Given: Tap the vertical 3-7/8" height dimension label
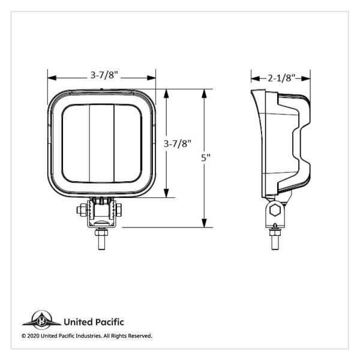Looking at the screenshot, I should (177, 143).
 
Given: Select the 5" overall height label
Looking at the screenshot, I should (206, 158).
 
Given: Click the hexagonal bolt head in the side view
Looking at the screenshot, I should (276, 209).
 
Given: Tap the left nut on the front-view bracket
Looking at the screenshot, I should (80, 209).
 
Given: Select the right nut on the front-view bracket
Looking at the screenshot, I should (118, 209).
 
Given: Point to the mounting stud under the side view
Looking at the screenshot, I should (275, 238).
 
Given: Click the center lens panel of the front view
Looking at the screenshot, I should (102, 143).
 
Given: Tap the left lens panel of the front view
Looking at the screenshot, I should (76, 143).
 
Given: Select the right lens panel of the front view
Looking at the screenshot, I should (128, 143).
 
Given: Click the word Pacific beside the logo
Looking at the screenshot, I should (109, 322).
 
